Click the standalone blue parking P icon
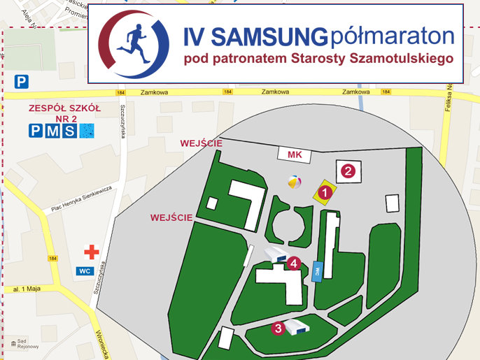[x=22, y=82]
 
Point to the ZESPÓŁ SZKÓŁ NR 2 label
[x=64, y=113]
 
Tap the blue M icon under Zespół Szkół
[x=52, y=130]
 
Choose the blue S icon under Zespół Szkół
[x=69, y=130]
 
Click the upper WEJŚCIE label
[x=202, y=143]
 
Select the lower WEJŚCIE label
[x=171, y=218]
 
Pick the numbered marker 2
[x=348, y=169]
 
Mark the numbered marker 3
[x=278, y=327]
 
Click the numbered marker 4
[x=295, y=263]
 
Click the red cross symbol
[x=90, y=252]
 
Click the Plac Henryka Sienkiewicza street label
[x=82, y=198]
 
